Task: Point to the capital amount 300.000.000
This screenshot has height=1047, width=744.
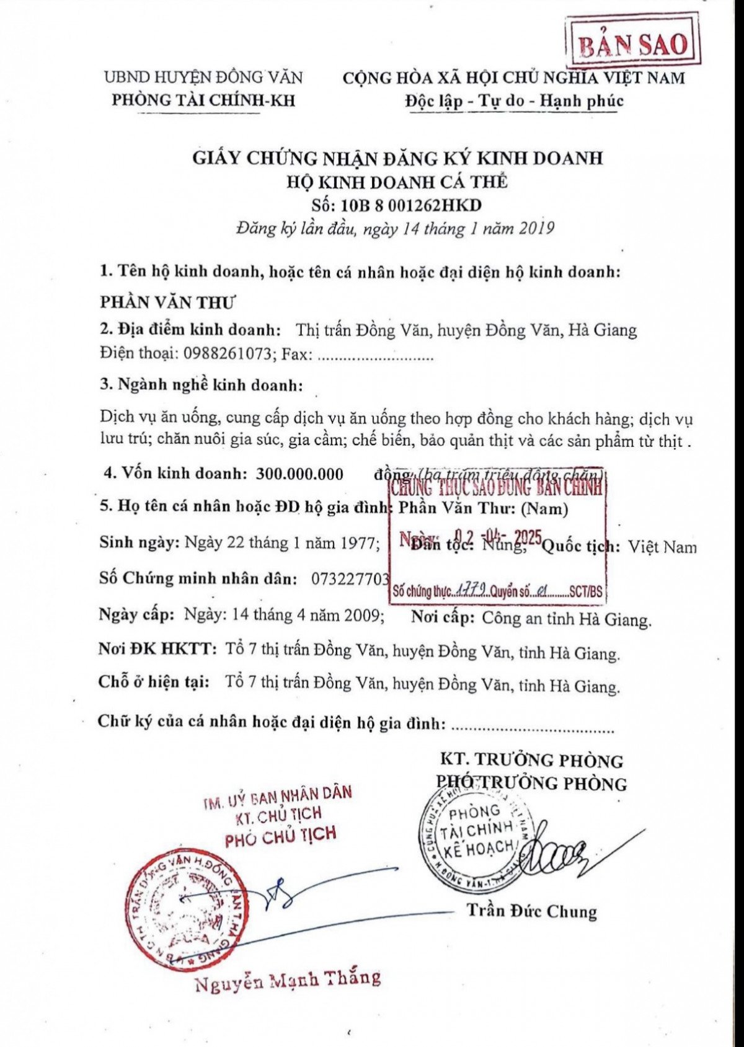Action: pyautogui.click(x=299, y=474)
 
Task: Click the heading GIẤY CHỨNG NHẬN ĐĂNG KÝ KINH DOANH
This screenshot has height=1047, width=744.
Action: pyautogui.click(x=397, y=157)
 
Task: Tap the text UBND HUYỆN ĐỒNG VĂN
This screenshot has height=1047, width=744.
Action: pyautogui.click(x=203, y=77)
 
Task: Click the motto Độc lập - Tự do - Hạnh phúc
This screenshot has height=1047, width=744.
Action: pyautogui.click(x=514, y=100)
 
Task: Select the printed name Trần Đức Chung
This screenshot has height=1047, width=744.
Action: pyautogui.click(x=531, y=911)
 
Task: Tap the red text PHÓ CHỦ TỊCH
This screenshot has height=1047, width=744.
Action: pyautogui.click(x=280, y=836)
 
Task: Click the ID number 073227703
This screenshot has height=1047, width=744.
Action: pyautogui.click(x=350, y=578)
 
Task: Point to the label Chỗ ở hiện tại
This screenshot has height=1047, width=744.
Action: pyautogui.click(x=153, y=682)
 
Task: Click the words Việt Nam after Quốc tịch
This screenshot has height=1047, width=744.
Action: pyautogui.click(x=662, y=547)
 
